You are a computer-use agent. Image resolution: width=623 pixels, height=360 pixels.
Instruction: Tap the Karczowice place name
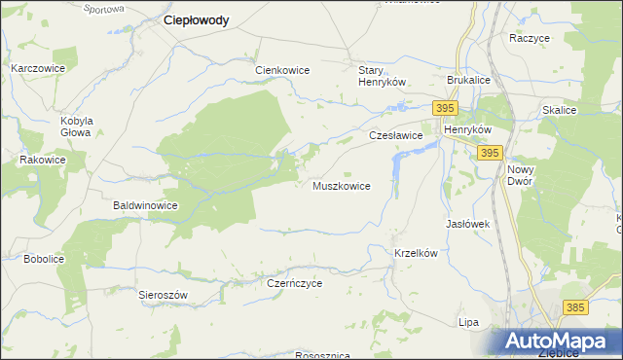coord(37,69)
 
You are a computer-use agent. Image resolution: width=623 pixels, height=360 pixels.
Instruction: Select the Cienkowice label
coord(281,70)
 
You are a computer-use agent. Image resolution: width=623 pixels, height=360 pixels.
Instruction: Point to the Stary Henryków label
coord(382,76)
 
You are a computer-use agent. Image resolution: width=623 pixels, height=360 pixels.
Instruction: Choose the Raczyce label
coord(530,38)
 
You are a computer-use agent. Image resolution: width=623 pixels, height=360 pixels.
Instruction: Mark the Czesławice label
coord(394,136)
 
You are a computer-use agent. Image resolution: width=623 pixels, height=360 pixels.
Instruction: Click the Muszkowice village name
coord(341,186)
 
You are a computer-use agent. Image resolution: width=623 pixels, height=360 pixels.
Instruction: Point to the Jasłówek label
coord(466,224)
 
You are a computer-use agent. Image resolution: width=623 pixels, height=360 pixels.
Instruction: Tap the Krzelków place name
coord(419,253)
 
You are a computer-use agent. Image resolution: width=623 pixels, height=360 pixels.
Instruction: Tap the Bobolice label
coord(44,259)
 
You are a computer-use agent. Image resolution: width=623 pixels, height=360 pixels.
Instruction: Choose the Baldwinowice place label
coord(145,206)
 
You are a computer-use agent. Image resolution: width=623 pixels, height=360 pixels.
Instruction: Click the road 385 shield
coord(574,307)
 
